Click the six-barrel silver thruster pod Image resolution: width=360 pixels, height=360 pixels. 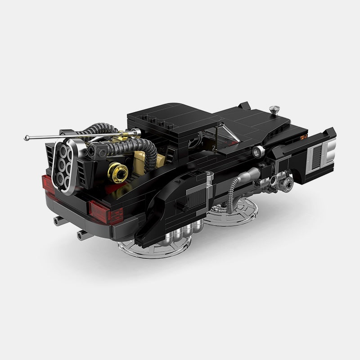click(63, 163)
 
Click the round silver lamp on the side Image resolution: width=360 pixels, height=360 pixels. click(257, 150)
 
